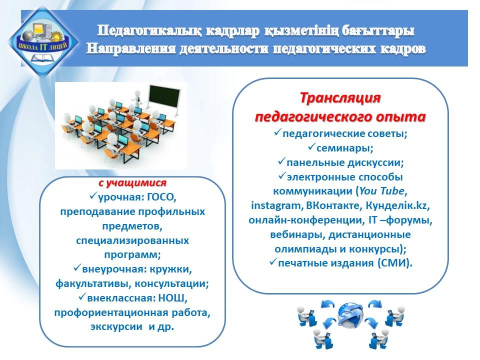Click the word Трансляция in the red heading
340,98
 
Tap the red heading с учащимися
132,183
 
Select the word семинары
344,148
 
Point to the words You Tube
381,191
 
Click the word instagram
276,205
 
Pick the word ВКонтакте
334,205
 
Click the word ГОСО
160,197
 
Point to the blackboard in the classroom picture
164,95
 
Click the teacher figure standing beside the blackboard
138,98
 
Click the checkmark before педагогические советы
277,132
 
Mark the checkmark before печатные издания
273,261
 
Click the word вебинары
294,235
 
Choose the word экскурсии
116,327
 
